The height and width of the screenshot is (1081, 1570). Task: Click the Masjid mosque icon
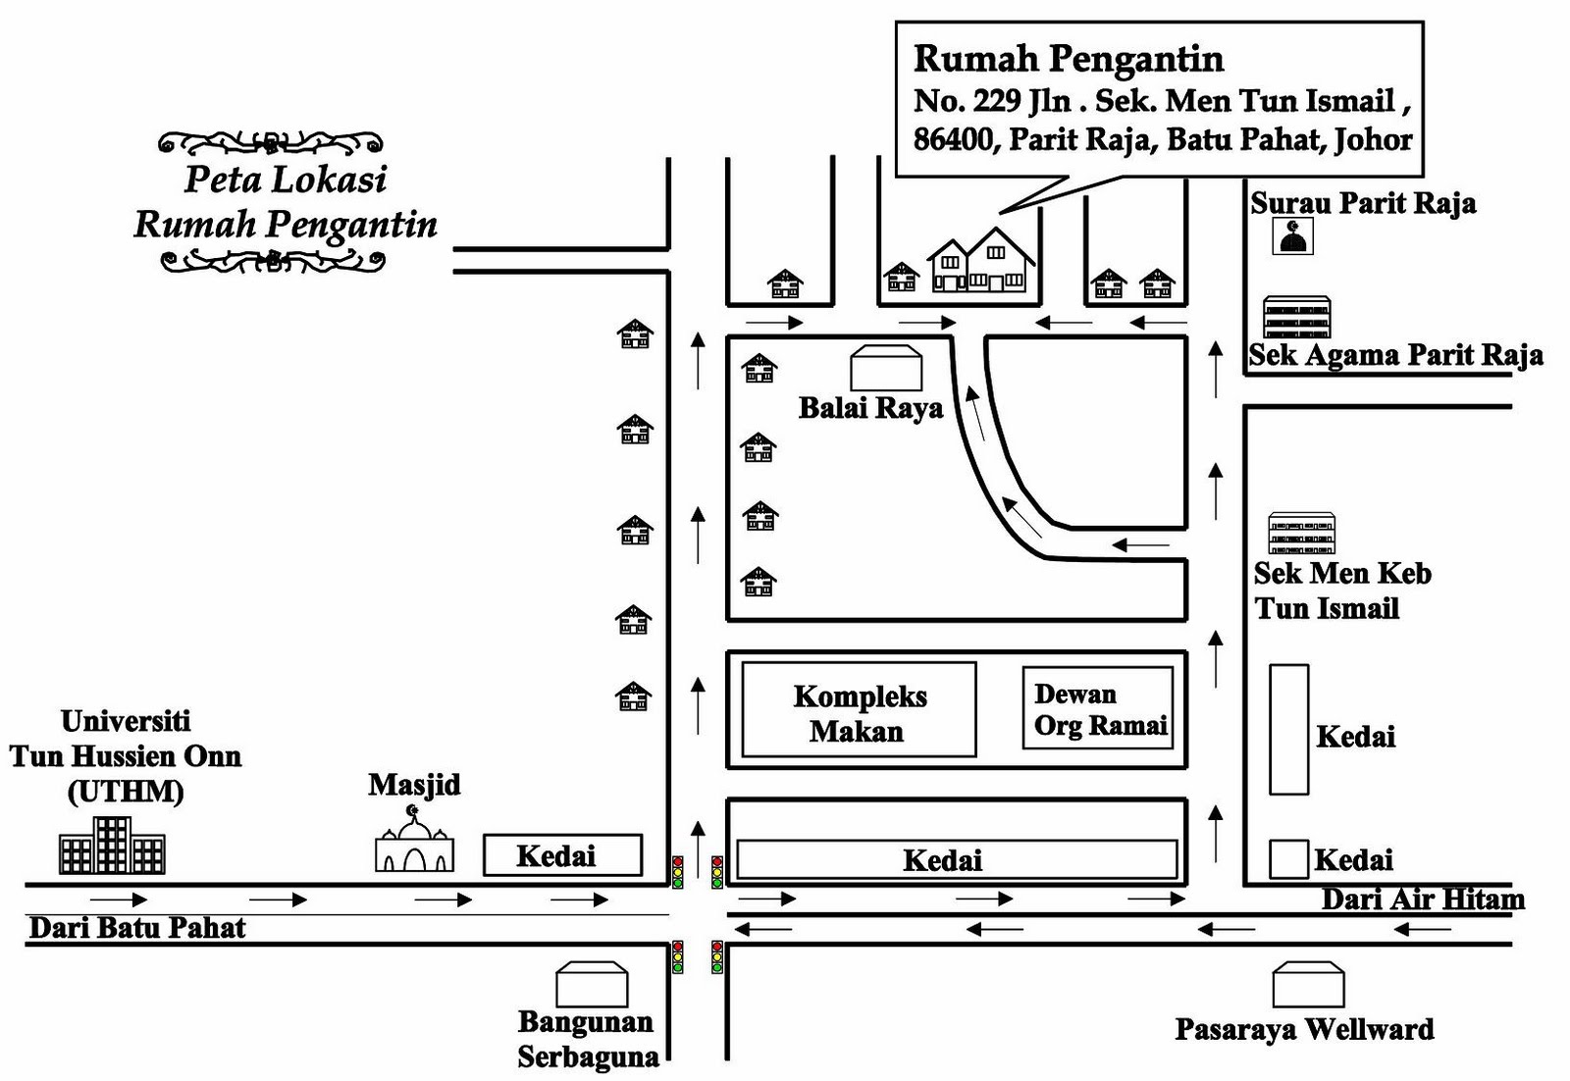414,844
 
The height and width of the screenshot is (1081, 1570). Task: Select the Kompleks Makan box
859,710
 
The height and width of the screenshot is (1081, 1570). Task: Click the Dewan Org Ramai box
1097,708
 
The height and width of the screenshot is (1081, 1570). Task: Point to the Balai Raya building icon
886,368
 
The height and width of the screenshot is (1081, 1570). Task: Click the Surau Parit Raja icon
1292,236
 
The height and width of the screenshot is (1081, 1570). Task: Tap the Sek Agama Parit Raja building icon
1297,317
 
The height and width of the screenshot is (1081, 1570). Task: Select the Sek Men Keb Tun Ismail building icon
1301,533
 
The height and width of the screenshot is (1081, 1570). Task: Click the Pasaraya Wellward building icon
1308,984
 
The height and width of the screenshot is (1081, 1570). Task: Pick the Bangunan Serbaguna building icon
592,984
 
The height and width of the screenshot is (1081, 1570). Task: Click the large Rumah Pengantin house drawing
981,262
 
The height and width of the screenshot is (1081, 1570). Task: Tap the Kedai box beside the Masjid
562,855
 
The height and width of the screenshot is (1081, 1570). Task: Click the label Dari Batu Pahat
137,928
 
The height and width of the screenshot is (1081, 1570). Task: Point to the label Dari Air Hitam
1422,900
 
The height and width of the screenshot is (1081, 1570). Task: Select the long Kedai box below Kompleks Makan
957,859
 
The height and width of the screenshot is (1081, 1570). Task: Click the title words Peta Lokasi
286,180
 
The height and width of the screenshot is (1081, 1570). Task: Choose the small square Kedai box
1288,859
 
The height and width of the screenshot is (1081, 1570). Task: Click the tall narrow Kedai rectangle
1288,729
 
